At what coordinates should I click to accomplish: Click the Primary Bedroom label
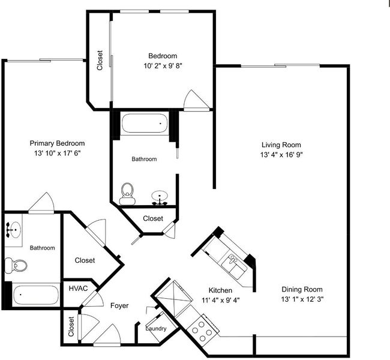point(57,143)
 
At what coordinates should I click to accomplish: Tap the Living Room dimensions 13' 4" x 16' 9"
point(281,155)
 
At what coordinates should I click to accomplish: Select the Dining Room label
point(302,289)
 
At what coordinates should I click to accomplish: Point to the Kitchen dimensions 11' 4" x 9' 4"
point(221,300)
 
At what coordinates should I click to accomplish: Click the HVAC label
point(78,289)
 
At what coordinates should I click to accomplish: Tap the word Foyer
point(119,305)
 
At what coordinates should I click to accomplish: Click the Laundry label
point(156,329)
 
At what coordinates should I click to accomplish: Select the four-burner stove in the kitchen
point(203,328)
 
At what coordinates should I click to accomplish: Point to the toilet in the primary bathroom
point(16,265)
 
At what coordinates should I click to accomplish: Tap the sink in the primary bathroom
point(13,229)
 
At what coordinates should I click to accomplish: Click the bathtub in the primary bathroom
point(36,295)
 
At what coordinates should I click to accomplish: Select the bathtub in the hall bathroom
point(145,123)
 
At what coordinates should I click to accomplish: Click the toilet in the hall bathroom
point(127,194)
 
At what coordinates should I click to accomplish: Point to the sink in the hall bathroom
point(160,197)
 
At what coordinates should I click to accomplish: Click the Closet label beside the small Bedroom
point(100,61)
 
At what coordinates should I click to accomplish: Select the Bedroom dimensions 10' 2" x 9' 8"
point(163,66)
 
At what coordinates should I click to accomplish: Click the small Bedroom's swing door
point(196,100)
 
